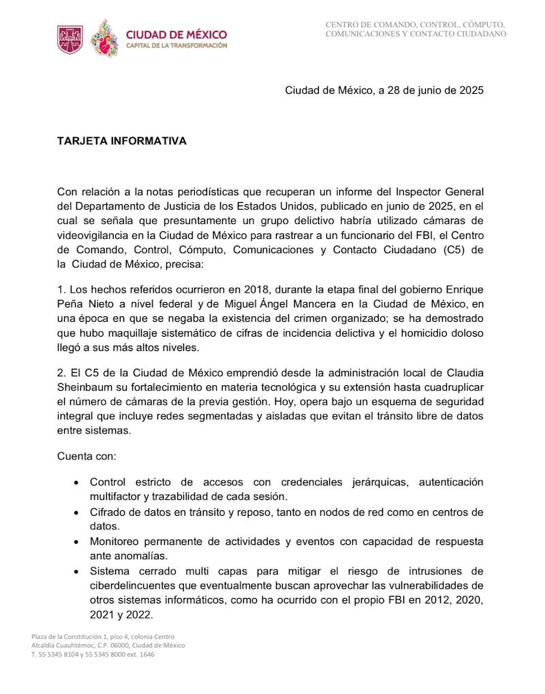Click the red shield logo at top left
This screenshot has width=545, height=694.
click(x=70, y=39)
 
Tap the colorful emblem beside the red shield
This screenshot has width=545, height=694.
click(x=104, y=39)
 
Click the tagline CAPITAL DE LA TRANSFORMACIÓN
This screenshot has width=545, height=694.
click(x=176, y=46)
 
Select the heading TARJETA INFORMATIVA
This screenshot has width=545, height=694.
click(x=121, y=141)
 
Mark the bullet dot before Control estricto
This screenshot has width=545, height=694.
click(x=75, y=482)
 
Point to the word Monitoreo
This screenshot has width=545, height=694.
click(x=116, y=542)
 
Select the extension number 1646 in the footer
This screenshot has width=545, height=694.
click(x=144, y=654)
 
